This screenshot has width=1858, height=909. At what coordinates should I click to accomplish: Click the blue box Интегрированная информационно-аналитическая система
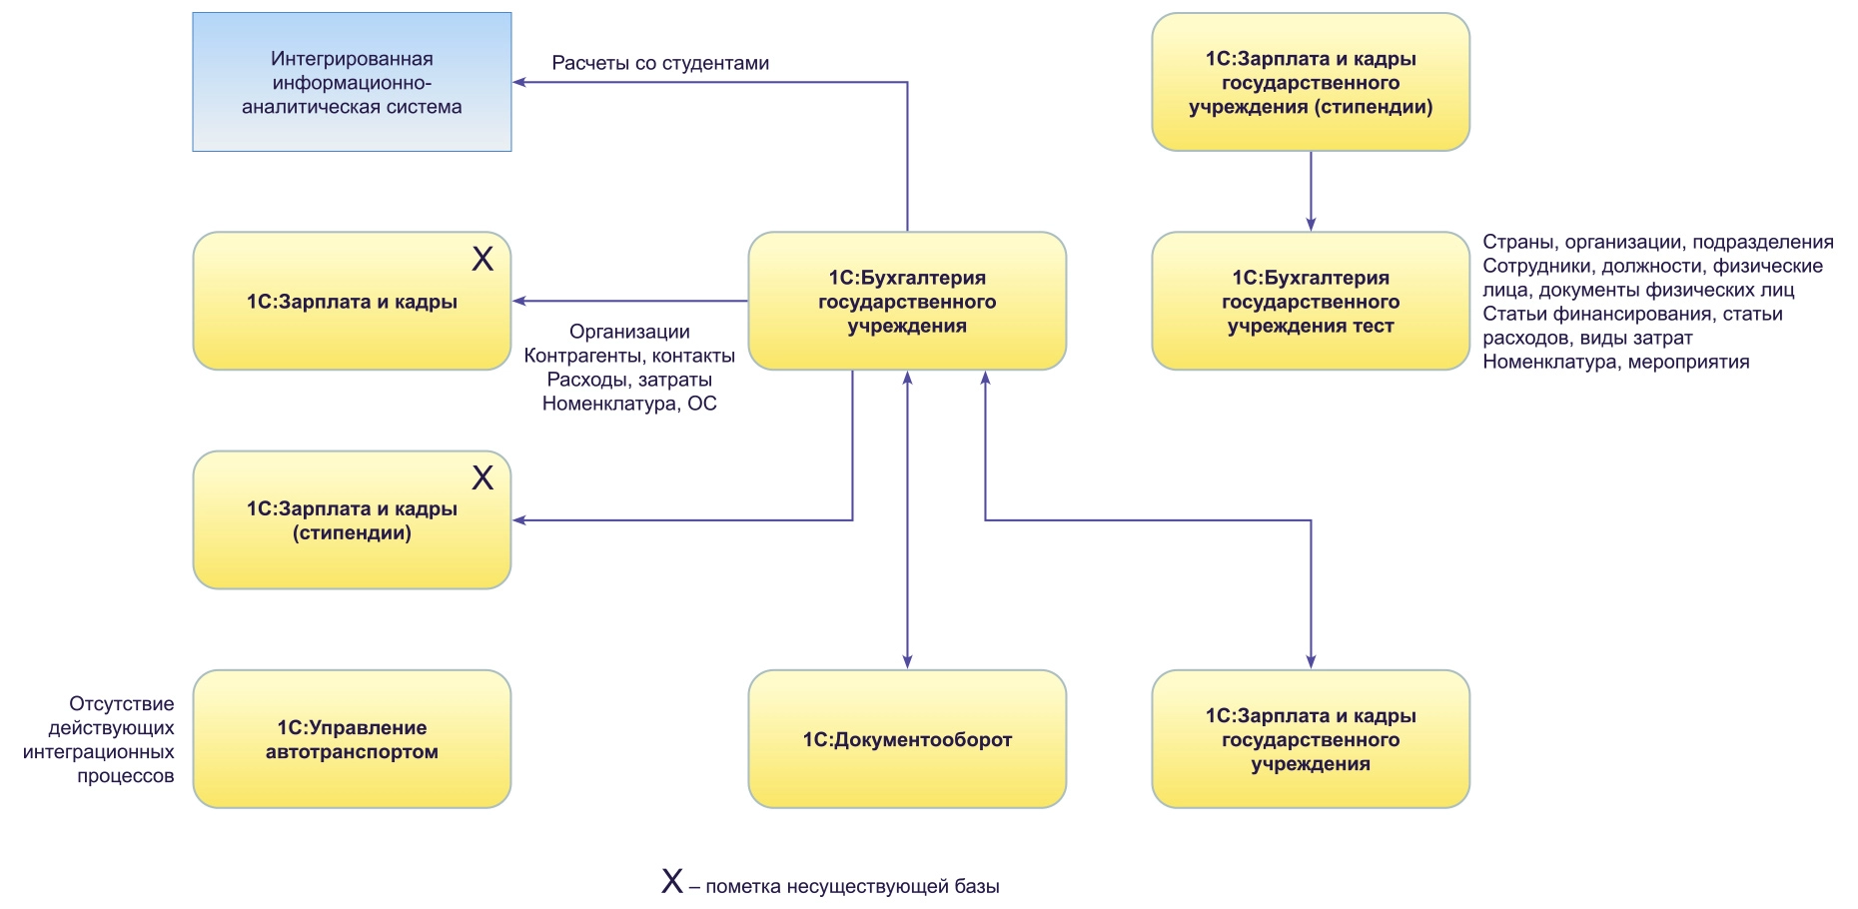[x=352, y=82]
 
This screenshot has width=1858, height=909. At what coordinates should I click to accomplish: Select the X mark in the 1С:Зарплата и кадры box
[x=482, y=260]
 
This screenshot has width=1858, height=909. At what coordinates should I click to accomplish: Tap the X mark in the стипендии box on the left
[x=482, y=478]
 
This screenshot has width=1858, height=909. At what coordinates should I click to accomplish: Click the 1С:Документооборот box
[x=907, y=739]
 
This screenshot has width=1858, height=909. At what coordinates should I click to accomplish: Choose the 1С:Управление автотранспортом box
[x=352, y=739]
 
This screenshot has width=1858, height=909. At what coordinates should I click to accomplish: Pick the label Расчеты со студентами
[x=660, y=63]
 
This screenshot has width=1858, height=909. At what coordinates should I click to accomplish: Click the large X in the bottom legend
[x=672, y=881]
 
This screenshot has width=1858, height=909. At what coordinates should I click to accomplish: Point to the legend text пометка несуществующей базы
[x=852, y=886]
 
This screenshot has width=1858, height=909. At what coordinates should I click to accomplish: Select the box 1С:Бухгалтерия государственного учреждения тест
[x=1311, y=302]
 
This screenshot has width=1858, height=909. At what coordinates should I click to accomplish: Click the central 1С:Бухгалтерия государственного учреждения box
[x=907, y=302]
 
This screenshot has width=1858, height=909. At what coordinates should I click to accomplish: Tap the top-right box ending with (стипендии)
[x=1311, y=82]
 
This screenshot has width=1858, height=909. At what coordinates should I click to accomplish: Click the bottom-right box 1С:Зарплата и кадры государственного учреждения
[x=1311, y=739]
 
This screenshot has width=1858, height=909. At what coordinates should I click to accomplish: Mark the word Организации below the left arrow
[x=629, y=332]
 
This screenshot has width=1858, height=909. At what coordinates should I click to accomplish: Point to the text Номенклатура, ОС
[x=629, y=404]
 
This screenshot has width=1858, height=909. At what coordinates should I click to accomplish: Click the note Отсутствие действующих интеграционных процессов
[x=99, y=740]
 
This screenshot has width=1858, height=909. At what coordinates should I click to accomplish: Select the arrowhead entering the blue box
[x=519, y=82]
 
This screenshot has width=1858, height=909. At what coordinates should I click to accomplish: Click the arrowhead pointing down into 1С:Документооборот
[x=907, y=661]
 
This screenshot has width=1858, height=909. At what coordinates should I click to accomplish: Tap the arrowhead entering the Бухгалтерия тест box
[x=1311, y=224]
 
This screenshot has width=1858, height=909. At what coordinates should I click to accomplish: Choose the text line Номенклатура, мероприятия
[x=1615, y=362]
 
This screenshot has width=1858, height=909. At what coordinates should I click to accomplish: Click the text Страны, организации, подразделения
[x=1657, y=242]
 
